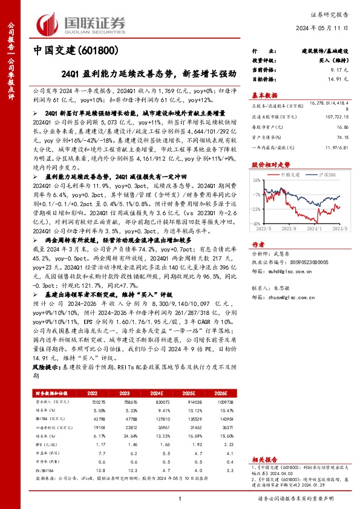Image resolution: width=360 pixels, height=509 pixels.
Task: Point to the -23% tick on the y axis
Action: point(256,208)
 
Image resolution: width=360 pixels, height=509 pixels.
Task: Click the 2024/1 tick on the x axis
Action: point(314,228)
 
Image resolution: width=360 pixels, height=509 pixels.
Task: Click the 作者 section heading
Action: point(258,244)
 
